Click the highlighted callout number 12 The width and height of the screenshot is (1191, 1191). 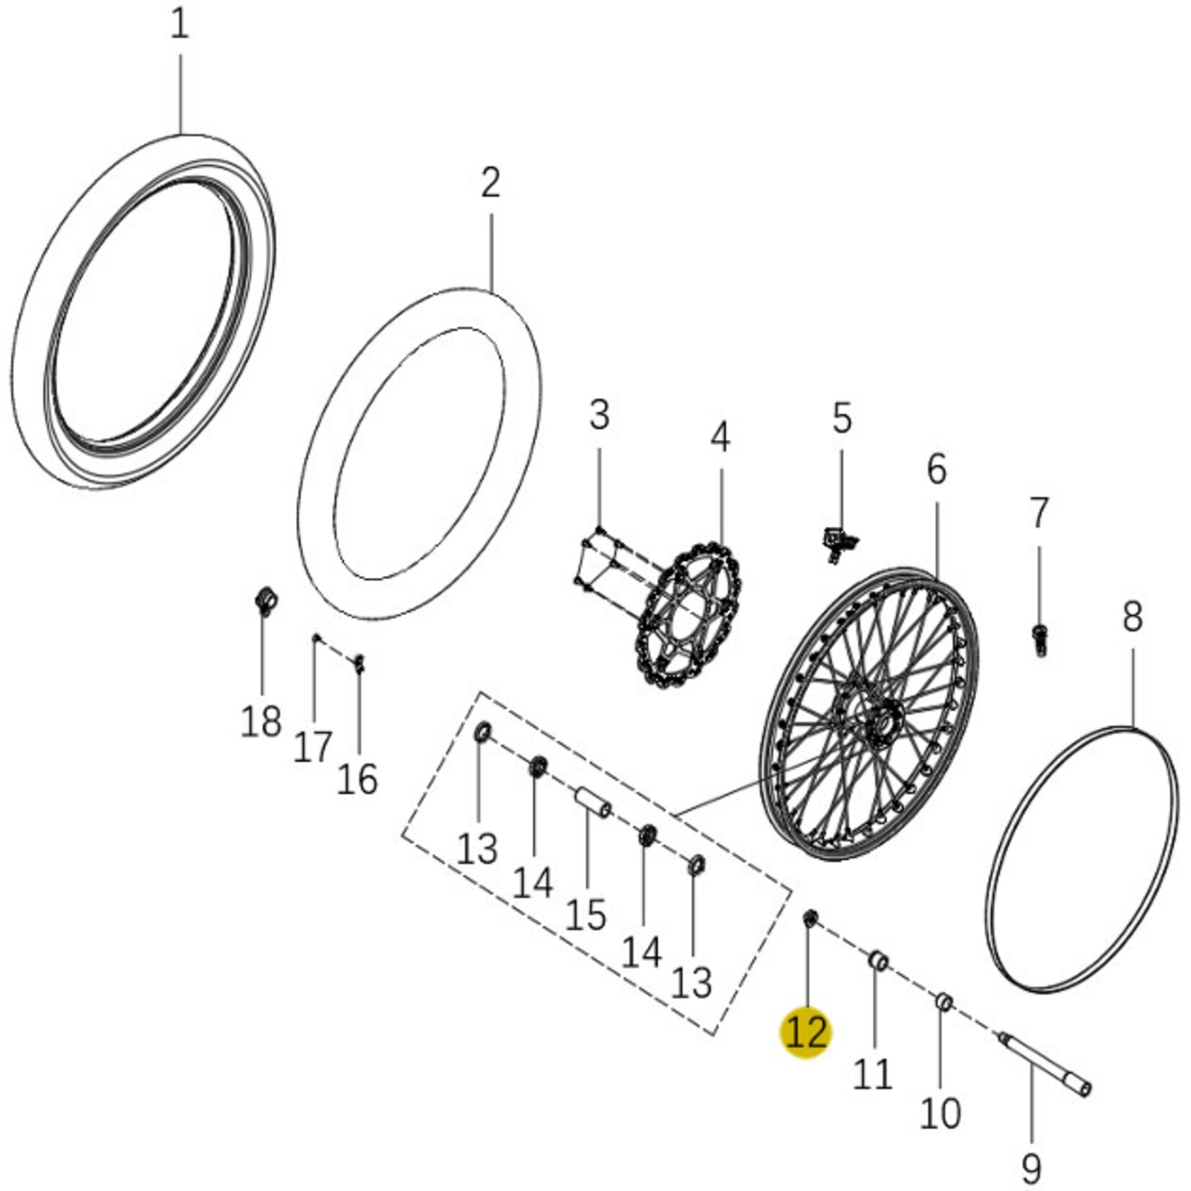[807, 1033]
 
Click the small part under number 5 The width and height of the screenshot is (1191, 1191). [838, 541]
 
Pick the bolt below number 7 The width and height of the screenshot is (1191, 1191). [1039, 638]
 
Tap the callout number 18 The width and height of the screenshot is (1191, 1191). [261, 721]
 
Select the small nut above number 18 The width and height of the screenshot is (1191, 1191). [267, 600]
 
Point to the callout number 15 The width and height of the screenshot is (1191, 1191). [585, 916]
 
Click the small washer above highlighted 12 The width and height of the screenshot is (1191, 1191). [810, 918]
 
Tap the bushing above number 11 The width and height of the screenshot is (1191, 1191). [877, 961]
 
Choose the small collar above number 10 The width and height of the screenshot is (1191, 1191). [944, 1001]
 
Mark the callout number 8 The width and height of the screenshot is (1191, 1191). [1132, 619]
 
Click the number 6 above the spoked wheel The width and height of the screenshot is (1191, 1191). [936, 470]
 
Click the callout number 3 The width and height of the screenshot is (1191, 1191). [599, 415]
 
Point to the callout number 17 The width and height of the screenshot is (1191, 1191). [312, 747]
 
